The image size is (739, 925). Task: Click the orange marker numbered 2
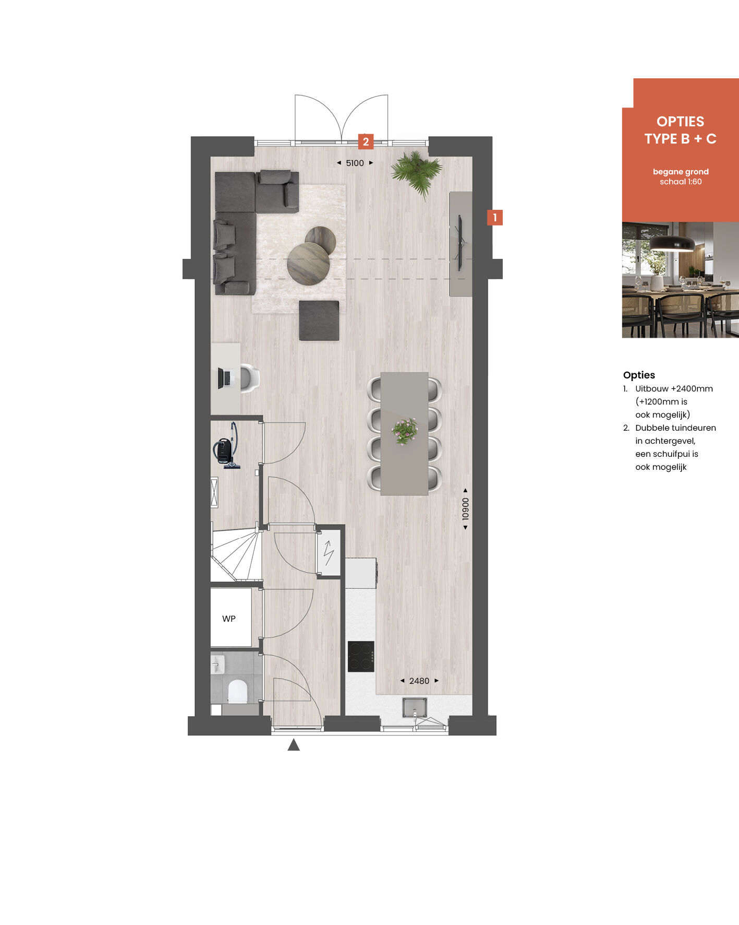366,141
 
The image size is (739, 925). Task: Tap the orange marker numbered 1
495,217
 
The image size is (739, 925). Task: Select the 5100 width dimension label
355,163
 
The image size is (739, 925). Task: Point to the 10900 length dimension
466,509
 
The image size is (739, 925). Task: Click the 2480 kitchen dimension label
419,681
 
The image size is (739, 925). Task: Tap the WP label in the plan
229,619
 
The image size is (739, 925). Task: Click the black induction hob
361,656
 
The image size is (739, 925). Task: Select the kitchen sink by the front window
415,707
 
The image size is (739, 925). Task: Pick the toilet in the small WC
237,691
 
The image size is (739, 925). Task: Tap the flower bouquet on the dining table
405,431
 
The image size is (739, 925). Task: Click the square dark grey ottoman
319,321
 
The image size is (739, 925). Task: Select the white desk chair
249,378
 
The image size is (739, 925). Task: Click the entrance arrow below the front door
294,745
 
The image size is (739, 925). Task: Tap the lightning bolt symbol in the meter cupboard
329,553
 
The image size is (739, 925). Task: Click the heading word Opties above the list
639,375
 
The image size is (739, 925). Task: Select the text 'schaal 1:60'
681,182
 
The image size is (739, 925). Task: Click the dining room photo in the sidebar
681,280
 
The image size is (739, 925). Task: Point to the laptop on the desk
225,378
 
